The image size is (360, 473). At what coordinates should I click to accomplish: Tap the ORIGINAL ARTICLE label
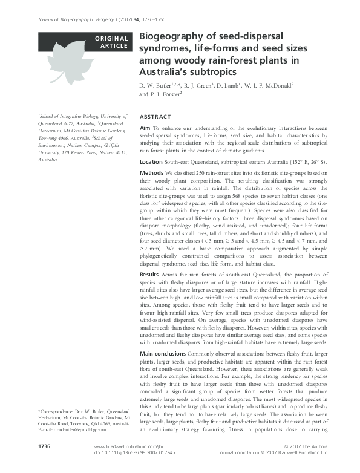pyautogui.click(x=111, y=42)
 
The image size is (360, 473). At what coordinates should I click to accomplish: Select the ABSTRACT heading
pyautogui.click(x=155, y=116)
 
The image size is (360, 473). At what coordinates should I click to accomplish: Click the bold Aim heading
pyautogui.click(x=145, y=129)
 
